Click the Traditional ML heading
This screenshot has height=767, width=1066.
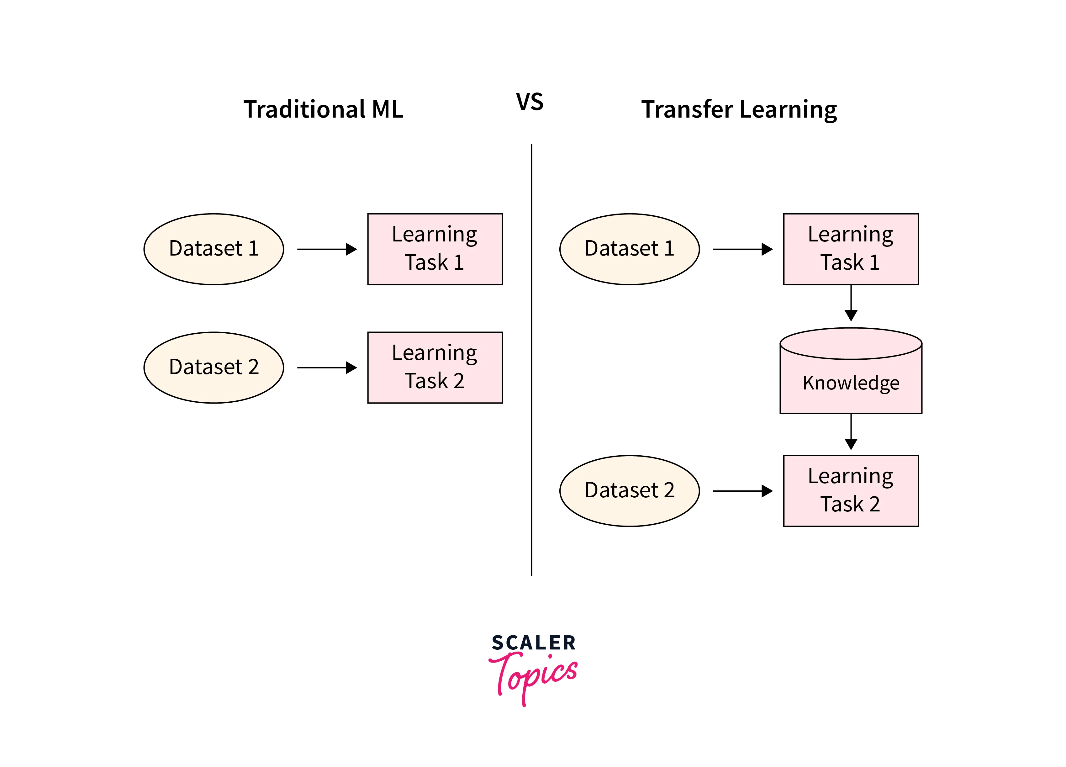pos(323,109)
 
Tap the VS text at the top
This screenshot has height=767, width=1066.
pos(530,102)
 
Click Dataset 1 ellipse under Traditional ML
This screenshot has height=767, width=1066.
pos(214,249)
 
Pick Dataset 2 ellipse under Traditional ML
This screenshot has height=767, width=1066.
pos(214,368)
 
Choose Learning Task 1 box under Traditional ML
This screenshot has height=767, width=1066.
pos(435,249)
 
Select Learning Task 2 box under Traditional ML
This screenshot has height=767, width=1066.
pos(435,368)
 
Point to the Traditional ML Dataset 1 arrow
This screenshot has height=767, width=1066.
pos(327,249)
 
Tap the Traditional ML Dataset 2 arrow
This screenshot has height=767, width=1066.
pos(327,368)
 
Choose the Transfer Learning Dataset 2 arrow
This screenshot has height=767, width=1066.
pos(743,491)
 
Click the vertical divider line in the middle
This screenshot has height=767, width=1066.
pos(532,360)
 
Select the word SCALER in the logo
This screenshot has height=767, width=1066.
pos(533,643)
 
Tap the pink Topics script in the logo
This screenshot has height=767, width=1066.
pos(533,677)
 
